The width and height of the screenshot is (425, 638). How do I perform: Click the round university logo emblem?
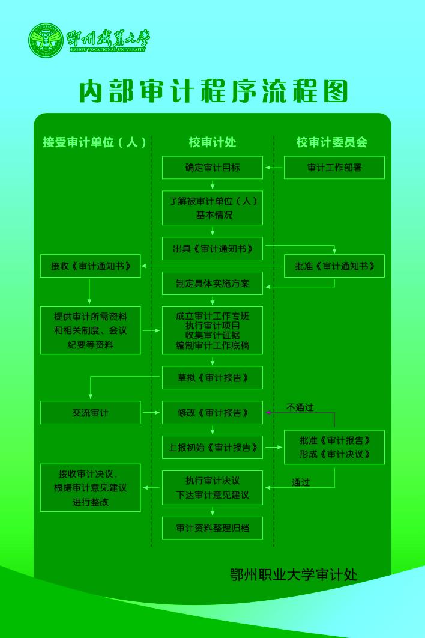tap(46, 40)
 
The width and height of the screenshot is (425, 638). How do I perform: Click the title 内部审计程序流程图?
tap(214, 92)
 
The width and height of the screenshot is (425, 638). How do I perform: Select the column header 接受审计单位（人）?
tap(95, 142)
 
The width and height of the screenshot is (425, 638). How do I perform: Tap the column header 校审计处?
tap(212, 142)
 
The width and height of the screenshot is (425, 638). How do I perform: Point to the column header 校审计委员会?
tap(331, 142)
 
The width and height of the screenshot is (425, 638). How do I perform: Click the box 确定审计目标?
tap(212, 168)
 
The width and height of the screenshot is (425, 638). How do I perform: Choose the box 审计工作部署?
tap(334, 168)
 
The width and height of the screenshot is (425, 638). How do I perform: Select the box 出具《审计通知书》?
tap(212, 248)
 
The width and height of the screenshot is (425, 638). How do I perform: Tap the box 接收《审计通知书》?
tap(91, 266)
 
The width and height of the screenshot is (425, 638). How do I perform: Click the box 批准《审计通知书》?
tap(334, 266)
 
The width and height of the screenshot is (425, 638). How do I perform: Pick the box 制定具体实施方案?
tap(212, 283)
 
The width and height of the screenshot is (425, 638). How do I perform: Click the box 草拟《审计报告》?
tap(212, 377)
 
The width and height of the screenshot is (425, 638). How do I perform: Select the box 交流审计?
tap(91, 413)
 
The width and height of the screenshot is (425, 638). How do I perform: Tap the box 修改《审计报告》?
tap(212, 413)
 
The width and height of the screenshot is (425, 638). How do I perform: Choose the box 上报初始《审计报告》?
tap(212, 447)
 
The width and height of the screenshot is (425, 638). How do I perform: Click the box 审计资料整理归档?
tap(212, 528)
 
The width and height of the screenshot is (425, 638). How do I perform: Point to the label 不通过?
tap(300, 407)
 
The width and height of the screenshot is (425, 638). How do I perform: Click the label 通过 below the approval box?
tap(301, 482)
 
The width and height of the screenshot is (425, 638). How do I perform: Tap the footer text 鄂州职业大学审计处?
tap(294, 574)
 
